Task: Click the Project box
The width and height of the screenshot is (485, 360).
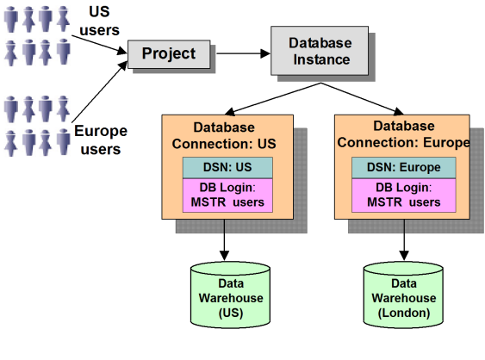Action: (169, 54)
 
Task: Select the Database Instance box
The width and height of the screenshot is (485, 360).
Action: (320, 51)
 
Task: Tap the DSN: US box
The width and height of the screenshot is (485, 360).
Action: (227, 168)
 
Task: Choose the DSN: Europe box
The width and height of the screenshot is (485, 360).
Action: (404, 168)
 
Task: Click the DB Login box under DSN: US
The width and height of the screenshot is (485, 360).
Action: (227, 196)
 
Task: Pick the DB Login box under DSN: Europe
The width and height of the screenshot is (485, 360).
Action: (404, 196)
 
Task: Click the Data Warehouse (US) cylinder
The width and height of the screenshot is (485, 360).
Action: (230, 295)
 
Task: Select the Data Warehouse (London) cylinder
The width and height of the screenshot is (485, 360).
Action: (403, 295)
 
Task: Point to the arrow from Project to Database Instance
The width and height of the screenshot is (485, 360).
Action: (243, 53)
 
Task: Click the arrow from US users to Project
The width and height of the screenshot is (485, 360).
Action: (99, 45)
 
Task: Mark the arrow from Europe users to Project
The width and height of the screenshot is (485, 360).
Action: (99, 92)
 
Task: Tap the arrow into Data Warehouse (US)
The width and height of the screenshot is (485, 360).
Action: (224, 240)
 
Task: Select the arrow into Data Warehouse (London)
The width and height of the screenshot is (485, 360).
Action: (404, 240)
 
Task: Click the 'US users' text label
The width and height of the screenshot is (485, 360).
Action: (99, 21)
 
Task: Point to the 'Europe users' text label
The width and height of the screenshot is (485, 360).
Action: (101, 140)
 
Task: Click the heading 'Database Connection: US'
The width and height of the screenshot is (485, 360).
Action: (224, 136)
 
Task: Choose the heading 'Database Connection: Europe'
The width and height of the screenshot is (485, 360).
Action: (404, 134)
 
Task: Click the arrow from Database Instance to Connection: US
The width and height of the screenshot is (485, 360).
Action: (272, 99)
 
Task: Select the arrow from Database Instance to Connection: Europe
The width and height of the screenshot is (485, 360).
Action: (362, 99)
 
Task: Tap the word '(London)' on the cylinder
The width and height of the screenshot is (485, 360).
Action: (404, 313)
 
